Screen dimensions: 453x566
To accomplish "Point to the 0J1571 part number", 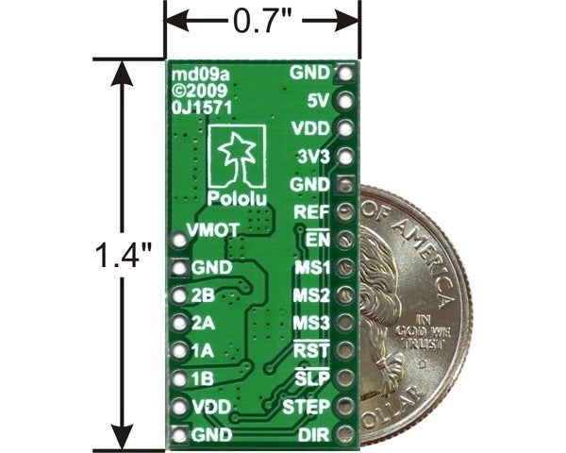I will (197, 107).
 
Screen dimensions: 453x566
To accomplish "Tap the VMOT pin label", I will (212, 229).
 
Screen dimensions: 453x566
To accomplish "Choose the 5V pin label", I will (318, 99).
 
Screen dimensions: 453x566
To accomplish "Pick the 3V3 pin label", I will (310, 155).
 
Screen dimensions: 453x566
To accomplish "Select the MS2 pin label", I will (310, 295).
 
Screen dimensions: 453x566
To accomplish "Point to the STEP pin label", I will (305, 407).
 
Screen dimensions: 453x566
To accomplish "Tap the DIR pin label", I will (313, 435).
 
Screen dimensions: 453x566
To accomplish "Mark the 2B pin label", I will (202, 295).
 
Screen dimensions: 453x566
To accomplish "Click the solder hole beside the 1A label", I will (180, 351).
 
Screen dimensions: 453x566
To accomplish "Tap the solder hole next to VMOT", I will (180, 240).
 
